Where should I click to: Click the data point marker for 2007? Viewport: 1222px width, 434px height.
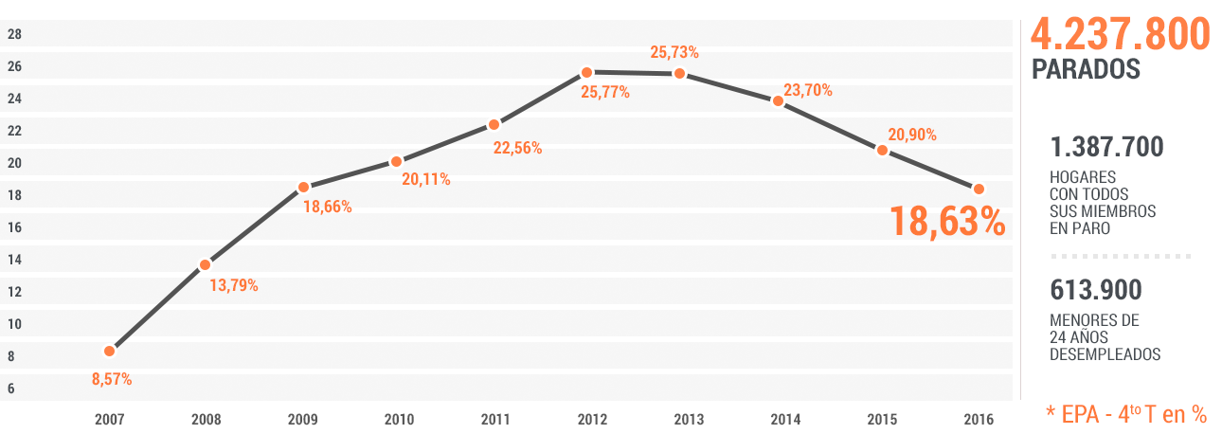(x=109, y=351)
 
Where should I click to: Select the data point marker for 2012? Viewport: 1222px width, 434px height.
(x=586, y=72)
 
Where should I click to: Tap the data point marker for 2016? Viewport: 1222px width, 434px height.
(x=979, y=189)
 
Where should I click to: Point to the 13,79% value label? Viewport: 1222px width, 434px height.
(x=233, y=285)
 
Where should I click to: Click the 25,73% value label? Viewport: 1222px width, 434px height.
(x=674, y=52)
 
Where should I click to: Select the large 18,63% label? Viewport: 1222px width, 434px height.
(x=946, y=221)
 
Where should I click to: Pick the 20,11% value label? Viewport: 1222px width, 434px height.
(x=425, y=179)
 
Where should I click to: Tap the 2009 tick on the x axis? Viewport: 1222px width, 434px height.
(x=303, y=420)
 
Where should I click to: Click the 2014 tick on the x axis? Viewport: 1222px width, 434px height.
(x=785, y=420)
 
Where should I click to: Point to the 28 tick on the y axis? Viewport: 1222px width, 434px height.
(x=14, y=34)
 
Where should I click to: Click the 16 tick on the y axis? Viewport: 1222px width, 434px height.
(x=14, y=227)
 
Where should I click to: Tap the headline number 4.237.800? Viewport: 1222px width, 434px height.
(x=1120, y=35)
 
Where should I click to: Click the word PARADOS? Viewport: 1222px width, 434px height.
(x=1085, y=70)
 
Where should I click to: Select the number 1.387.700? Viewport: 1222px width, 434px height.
(x=1106, y=148)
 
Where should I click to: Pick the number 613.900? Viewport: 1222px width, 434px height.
(x=1096, y=290)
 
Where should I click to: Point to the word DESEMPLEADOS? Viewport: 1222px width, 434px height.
(x=1105, y=354)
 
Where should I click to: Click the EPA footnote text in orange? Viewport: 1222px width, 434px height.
(x=1125, y=414)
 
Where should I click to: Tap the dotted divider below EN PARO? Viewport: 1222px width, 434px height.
(x=1121, y=257)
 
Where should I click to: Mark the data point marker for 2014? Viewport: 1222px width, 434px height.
(x=778, y=100)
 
